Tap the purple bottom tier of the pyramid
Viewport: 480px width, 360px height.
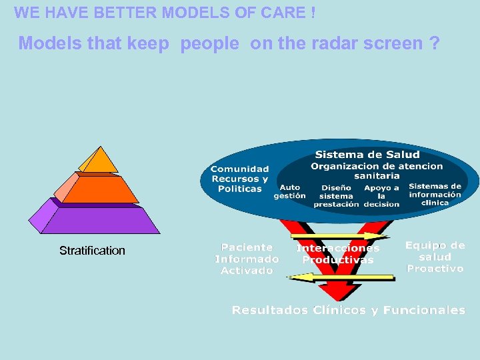(100, 219)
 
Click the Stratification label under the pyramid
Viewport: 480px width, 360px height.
(92, 251)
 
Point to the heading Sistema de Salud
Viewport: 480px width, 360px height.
(367, 155)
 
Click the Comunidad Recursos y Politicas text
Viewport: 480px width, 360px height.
(240, 179)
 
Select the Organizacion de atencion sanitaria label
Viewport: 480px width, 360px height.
(377, 171)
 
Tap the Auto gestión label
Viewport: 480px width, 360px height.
(289, 192)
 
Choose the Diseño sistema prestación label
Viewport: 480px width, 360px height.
(336, 196)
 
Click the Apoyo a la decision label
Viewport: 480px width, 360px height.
(381, 196)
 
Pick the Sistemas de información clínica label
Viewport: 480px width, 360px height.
(435, 195)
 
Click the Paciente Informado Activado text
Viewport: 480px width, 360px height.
(247, 259)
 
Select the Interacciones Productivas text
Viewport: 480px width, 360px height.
(338, 254)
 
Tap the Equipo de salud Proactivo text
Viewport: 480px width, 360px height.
(435, 257)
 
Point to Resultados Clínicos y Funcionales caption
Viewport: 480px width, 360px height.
(348, 310)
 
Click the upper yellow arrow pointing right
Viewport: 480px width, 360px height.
(340, 236)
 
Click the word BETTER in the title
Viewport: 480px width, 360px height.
(124, 13)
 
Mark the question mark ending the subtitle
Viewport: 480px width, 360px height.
(435, 43)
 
